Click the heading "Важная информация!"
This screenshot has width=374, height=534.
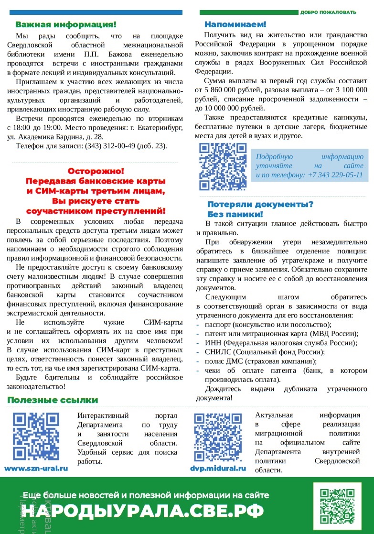point(65,24)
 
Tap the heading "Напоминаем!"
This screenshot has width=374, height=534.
point(235,24)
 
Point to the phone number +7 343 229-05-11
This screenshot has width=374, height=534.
point(335,175)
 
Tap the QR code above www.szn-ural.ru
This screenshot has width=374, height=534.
point(36,436)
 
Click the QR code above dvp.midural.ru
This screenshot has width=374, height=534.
point(217,436)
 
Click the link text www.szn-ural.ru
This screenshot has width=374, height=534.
point(36,469)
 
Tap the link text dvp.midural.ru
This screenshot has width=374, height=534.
point(218,469)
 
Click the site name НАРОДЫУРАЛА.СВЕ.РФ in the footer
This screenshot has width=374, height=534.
point(143,511)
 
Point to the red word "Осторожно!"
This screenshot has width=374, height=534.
point(96,171)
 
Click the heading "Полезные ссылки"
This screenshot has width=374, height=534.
point(53,400)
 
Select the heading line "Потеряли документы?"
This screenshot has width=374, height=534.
point(260,204)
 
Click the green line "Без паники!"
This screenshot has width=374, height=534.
point(235,214)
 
